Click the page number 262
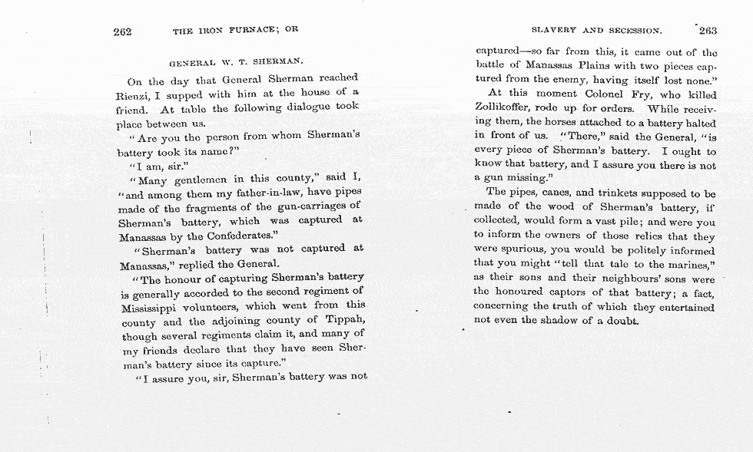coord(122,31)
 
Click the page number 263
coord(707,31)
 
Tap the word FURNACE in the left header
coord(247,31)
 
